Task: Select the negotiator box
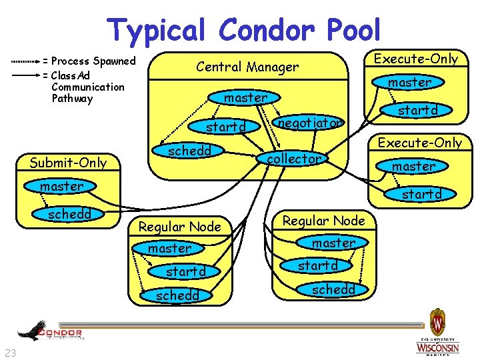(310, 123)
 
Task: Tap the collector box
(294, 159)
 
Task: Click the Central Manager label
(247, 67)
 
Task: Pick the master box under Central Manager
(245, 97)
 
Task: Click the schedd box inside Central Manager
(189, 151)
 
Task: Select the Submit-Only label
(68, 163)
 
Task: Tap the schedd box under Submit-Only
(69, 214)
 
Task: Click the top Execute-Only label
(416, 59)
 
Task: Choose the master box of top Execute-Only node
(409, 83)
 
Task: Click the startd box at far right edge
(421, 194)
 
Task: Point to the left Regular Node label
(179, 227)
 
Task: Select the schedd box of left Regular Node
(178, 295)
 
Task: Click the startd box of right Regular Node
(317, 265)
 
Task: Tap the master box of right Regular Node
(333, 243)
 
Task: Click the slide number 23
(10, 353)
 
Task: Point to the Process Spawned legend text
(93, 61)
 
